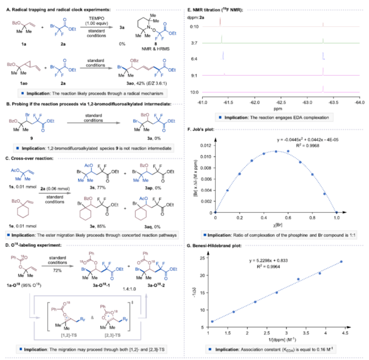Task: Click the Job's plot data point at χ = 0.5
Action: coord(276,151)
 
